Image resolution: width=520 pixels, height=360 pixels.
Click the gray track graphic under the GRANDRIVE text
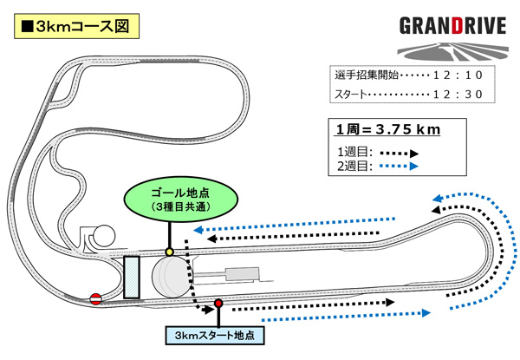452,47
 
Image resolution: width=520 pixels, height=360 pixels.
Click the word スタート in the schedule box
351,94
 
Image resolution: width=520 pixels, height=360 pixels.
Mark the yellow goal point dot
169,252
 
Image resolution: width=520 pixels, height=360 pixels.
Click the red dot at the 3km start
219,303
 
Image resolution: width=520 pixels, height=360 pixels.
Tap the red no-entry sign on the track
96,299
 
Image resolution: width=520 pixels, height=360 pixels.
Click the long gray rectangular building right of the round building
240,273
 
